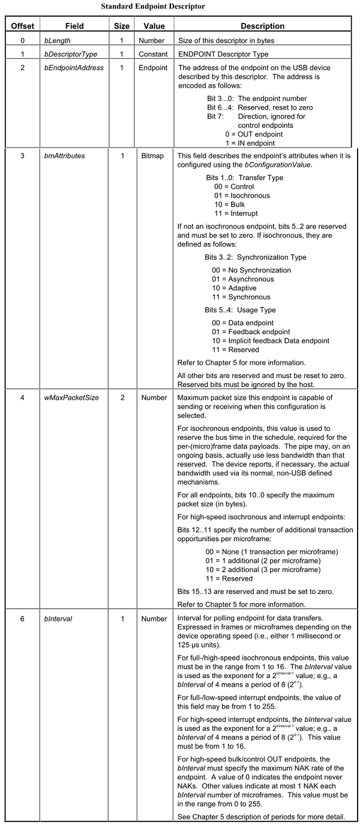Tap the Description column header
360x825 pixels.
pyautogui.click(x=262, y=26)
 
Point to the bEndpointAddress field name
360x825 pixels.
pyautogui.click(x=75, y=68)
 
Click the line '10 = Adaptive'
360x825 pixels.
pyautogui.click(x=239, y=288)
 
